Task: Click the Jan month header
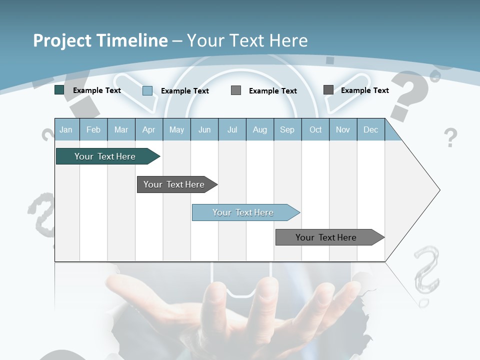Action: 66,130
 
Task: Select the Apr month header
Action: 148,130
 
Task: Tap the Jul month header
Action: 232,130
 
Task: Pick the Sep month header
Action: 287,130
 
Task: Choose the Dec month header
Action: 370,130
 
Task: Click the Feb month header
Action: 93,130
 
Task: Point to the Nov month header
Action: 342,130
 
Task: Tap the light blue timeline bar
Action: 244,212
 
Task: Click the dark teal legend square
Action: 59,90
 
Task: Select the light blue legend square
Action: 147,90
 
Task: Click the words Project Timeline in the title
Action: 100,40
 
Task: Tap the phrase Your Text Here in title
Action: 247,40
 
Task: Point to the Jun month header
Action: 204,130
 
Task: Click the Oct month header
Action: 315,130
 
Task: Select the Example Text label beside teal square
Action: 96,90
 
